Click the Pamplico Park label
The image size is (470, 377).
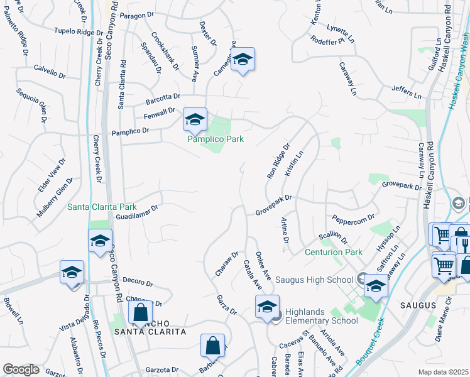pos(216,139)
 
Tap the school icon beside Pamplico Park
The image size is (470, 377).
pos(195,119)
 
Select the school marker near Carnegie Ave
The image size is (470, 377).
pos(243,60)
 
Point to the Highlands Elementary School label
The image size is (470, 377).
pos(322,315)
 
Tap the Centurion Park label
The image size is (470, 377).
pos(334,252)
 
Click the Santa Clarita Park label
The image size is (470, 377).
pos(102,206)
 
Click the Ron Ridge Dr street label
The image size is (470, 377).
pos(278,161)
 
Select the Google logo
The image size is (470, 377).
pos(21,369)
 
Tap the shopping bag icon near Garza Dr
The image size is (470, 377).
pos(212,346)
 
